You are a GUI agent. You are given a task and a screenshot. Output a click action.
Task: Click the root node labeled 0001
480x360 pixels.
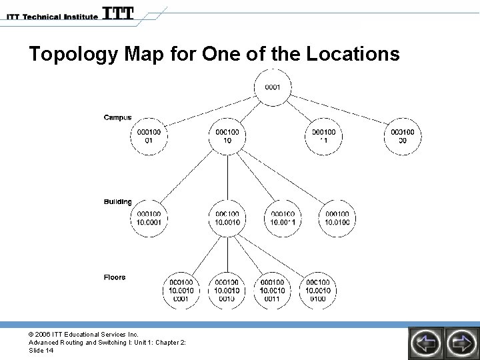(273, 87)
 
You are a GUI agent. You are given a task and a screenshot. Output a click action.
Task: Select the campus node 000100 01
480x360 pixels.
(149, 136)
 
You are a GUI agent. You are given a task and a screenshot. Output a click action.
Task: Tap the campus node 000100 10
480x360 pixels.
(228, 136)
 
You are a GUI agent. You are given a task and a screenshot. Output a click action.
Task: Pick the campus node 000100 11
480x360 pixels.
(324, 136)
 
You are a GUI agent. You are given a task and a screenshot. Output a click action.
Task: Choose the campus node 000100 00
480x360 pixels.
(403, 136)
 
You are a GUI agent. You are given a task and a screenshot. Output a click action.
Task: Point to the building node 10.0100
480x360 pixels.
(337, 217)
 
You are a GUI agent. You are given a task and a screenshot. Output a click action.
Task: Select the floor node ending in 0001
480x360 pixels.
(182, 291)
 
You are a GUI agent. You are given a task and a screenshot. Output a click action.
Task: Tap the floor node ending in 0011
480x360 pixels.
(272, 291)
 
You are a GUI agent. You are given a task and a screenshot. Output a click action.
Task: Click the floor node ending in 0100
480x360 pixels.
(318, 291)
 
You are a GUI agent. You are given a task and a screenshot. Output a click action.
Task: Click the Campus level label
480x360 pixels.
(117, 118)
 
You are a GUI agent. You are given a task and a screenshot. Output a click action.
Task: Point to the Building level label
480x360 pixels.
(117, 202)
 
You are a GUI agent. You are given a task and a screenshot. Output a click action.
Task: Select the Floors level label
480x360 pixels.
(115, 277)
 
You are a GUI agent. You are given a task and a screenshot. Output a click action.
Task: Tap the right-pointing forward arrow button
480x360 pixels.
(461, 343)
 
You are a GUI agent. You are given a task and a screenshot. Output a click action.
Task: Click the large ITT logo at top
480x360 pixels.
(118, 13)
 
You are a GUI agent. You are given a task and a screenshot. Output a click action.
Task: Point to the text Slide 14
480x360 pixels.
(41, 351)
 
